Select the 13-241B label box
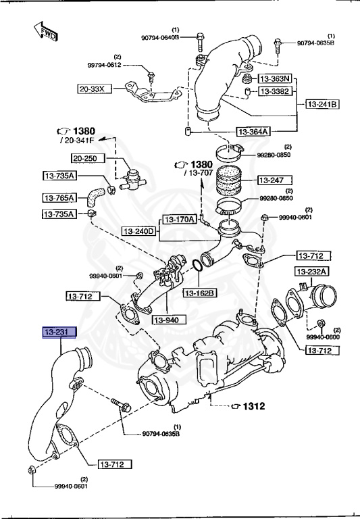coord(323,104)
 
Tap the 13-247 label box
coord(274,180)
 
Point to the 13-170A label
coord(179,219)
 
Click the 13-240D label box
coord(139,232)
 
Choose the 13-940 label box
coord(169,319)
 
